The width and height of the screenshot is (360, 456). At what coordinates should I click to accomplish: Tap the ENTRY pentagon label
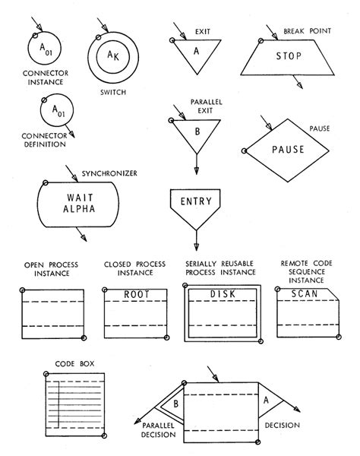pos(195,201)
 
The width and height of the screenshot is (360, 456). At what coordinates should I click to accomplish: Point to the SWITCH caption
pos(112,93)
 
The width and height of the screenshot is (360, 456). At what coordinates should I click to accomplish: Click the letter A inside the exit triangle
pos(195,52)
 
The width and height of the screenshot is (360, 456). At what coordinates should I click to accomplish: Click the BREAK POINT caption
pos(308,33)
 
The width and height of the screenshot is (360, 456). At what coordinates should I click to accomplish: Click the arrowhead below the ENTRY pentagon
pos(195,245)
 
